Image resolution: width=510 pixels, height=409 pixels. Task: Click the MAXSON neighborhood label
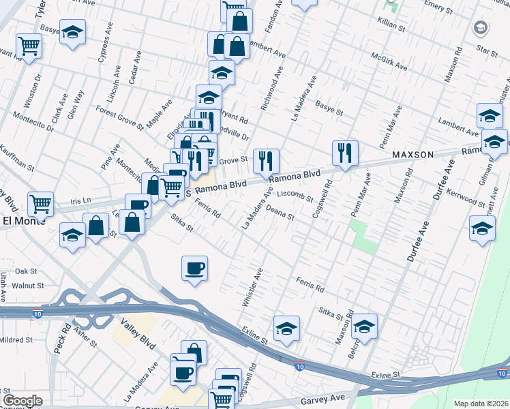tap(412, 155)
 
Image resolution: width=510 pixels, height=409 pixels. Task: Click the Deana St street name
tap(280, 213)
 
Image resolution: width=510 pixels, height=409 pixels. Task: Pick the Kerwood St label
tap(464, 198)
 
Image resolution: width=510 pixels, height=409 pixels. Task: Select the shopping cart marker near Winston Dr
tap(30, 46)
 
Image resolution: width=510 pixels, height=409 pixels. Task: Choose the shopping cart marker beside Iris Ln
tap(41, 203)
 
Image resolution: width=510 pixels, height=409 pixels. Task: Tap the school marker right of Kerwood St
tap(482, 228)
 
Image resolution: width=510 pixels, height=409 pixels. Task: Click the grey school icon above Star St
tap(480, 28)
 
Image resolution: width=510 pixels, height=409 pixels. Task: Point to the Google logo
tap(22, 401)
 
